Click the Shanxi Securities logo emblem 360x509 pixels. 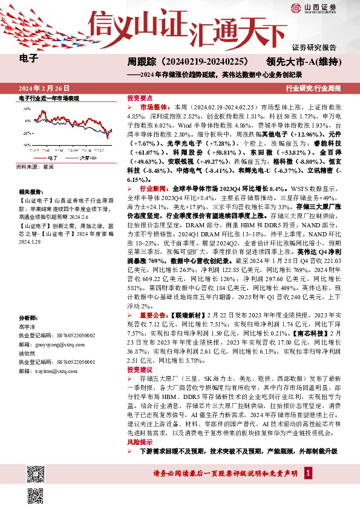(295, 8)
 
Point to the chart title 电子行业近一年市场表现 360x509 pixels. (49, 98)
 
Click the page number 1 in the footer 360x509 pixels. (309, 472)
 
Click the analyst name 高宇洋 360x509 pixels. (27, 325)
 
